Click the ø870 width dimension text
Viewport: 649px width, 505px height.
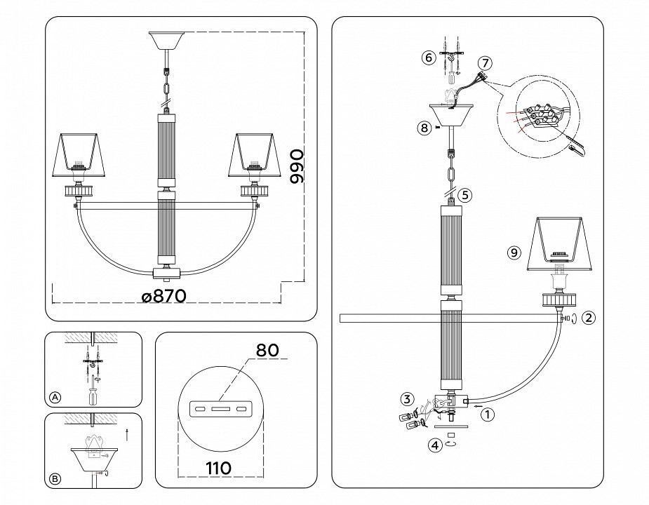click(x=163, y=297)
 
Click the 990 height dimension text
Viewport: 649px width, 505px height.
click(x=297, y=166)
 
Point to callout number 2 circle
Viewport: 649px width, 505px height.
click(x=589, y=318)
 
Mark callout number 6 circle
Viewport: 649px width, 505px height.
click(x=428, y=58)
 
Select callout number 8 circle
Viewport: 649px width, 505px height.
click(x=422, y=128)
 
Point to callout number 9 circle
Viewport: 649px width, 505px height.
click(x=515, y=252)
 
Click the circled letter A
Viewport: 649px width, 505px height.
click(x=55, y=397)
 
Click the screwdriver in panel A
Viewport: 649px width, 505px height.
click(x=92, y=392)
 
